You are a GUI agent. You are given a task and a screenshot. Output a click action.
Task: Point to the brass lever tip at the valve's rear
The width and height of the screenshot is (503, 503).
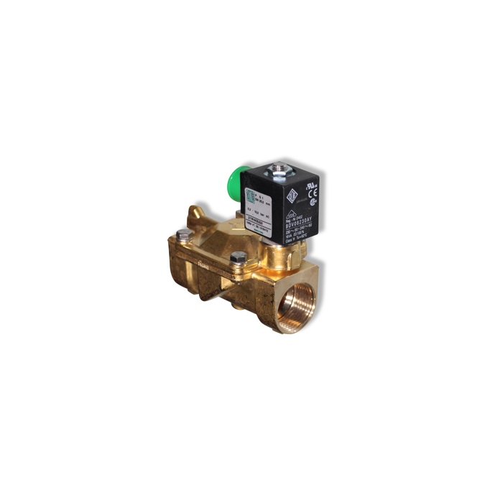(191, 211)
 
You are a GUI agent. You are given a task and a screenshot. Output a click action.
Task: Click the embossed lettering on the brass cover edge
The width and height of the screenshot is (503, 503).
(204, 264)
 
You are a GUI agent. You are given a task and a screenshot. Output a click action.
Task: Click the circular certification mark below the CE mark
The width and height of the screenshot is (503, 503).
(312, 200)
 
